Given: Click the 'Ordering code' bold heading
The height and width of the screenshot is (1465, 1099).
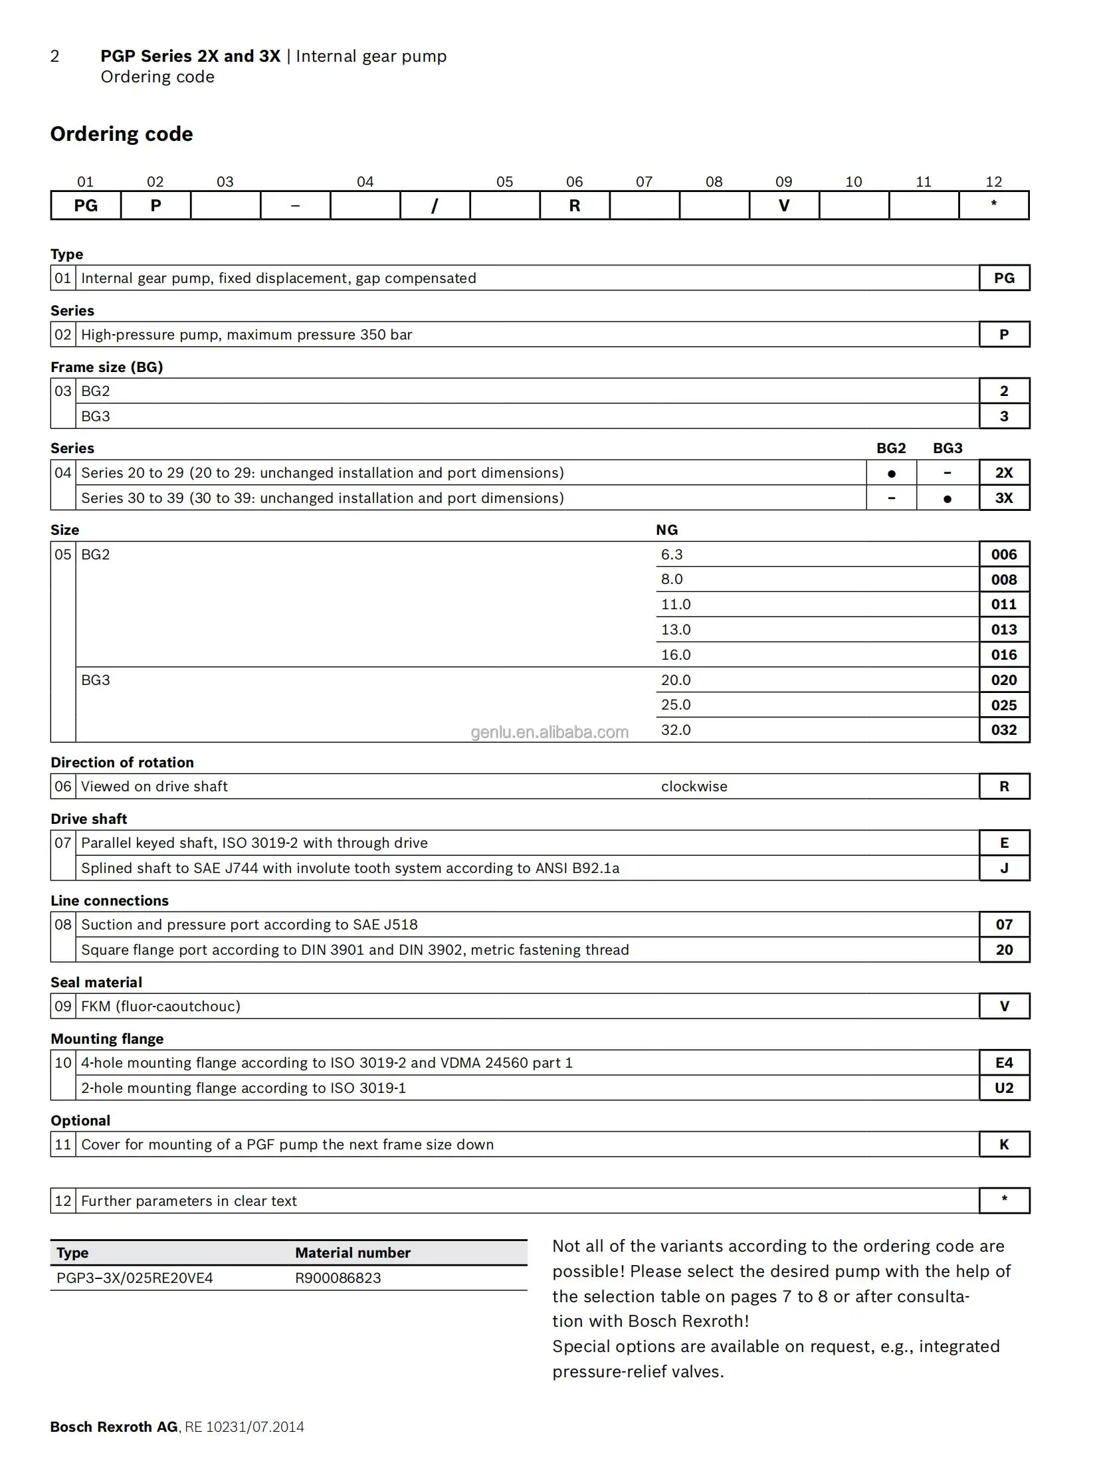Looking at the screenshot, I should [122, 134].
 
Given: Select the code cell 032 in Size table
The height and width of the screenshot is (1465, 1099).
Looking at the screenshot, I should [1003, 730].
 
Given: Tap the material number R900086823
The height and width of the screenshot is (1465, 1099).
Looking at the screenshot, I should [338, 1278].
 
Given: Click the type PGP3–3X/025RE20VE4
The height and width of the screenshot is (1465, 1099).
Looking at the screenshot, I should [134, 1278].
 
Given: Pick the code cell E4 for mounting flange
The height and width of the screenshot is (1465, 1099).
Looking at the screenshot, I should [1003, 1062].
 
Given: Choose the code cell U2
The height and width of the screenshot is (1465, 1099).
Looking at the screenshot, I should [1003, 1088].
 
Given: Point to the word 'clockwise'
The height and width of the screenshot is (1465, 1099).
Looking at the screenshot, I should [694, 786].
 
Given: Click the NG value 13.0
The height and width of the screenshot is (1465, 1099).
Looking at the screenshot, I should [675, 629].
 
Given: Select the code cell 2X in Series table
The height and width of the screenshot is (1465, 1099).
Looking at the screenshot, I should [1003, 472].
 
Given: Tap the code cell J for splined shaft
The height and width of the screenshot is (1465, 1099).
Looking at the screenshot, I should [1003, 868].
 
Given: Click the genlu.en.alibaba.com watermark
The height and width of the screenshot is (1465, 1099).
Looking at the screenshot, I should [549, 732].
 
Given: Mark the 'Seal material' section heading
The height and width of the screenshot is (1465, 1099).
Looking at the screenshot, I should [96, 982].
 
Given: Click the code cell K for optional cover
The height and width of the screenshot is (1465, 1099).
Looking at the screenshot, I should [1003, 1144].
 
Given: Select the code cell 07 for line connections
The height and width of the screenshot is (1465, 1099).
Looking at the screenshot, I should [1003, 924].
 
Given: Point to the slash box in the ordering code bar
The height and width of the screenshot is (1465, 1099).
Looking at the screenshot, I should [435, 205].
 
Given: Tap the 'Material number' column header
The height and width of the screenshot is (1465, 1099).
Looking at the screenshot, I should [352, 1252].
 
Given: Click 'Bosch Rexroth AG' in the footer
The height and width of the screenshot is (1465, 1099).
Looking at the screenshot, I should [114, 1426].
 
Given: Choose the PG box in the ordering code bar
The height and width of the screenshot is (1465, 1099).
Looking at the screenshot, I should [86, 205].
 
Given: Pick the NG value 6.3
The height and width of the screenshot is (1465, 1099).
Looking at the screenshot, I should [671, 554].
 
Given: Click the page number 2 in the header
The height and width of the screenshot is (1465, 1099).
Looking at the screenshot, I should [54, 56].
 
